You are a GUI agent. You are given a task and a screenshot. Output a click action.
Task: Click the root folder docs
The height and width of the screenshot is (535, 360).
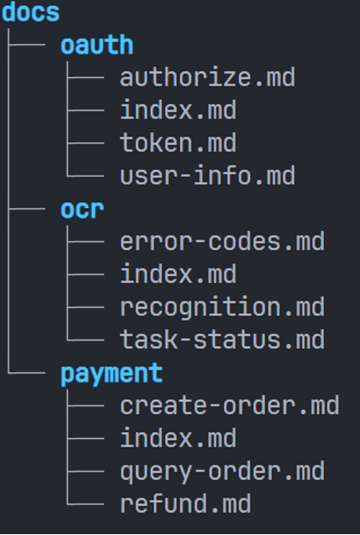pos(31,12)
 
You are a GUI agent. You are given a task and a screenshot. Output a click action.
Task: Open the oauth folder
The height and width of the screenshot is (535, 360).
pos(97,45)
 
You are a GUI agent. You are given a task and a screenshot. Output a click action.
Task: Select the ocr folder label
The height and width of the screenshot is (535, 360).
pos(82,209)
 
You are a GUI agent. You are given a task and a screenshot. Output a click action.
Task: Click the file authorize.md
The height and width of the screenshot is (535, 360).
pos(207,77)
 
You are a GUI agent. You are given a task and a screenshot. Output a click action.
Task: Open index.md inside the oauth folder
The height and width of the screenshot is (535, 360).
pos(178,110)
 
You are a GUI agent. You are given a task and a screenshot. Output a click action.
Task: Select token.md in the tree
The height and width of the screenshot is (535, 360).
pos(178,142)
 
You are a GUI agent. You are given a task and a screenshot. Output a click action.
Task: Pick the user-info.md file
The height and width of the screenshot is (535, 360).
pos(207,176)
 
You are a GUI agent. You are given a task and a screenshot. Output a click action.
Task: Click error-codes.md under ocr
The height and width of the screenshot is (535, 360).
pos(222,241)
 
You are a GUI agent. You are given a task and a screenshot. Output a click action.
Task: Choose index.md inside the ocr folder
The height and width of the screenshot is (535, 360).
pos(178,274)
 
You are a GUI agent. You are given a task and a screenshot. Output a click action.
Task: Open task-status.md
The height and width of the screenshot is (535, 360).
pos(222,340)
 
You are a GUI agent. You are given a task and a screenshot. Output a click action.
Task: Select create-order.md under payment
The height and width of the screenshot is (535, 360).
pos(230,406)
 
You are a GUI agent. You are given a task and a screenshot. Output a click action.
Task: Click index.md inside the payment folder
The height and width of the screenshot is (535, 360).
pos(178,438)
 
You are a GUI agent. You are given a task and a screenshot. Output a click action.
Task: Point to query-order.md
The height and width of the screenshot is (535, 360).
pos(222,472)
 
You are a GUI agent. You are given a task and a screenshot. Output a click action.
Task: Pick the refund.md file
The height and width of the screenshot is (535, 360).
pos(186,503)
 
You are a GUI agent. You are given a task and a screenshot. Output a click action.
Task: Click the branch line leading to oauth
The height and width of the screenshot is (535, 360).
pos(27,45)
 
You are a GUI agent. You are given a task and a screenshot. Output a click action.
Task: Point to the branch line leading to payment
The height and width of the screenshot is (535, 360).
pos(27,373)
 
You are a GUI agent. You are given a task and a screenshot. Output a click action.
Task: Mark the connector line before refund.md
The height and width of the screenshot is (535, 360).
pos(86,503)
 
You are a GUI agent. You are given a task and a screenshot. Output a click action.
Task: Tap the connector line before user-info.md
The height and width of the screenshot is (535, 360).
pos(86,176)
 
